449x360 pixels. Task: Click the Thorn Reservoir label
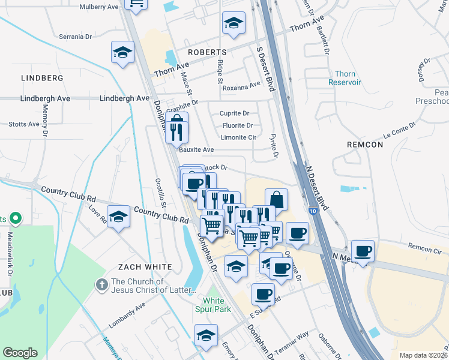tap(345, 78)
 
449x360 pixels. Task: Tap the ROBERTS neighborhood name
tap(206, 52)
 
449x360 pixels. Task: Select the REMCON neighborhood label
tap(364, 145)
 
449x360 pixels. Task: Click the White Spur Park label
tap(217, 305)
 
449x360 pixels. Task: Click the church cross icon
tap(103, 282)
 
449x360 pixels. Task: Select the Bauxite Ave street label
tap(196, 150)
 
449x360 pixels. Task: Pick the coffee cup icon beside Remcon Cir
tap(362, 251)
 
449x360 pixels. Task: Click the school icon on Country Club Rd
tap(118, 217)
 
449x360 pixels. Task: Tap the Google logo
tap(20, 353)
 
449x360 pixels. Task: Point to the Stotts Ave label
tap(24, 125)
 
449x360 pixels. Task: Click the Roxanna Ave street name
tap(241, 87)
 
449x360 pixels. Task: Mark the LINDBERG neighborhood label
tap(42, 78)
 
